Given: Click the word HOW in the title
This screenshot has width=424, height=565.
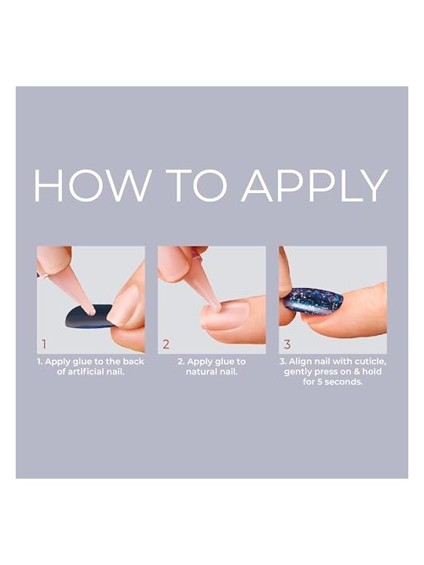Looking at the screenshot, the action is [92, 185].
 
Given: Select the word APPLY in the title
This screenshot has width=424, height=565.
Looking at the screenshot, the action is [315, 185].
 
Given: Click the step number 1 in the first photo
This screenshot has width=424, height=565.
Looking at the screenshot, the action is [44, 344].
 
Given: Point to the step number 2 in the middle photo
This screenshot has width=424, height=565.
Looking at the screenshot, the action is [166, 344].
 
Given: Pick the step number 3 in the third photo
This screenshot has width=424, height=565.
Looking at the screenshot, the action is [287, 344].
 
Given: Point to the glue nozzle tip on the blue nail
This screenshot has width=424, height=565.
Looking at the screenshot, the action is [92, 312].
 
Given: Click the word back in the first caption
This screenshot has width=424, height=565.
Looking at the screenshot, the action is [133, 362].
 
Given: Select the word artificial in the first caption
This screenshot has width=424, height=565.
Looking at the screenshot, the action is [85, 371].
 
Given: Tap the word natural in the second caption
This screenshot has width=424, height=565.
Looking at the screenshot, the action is [200, 371].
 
